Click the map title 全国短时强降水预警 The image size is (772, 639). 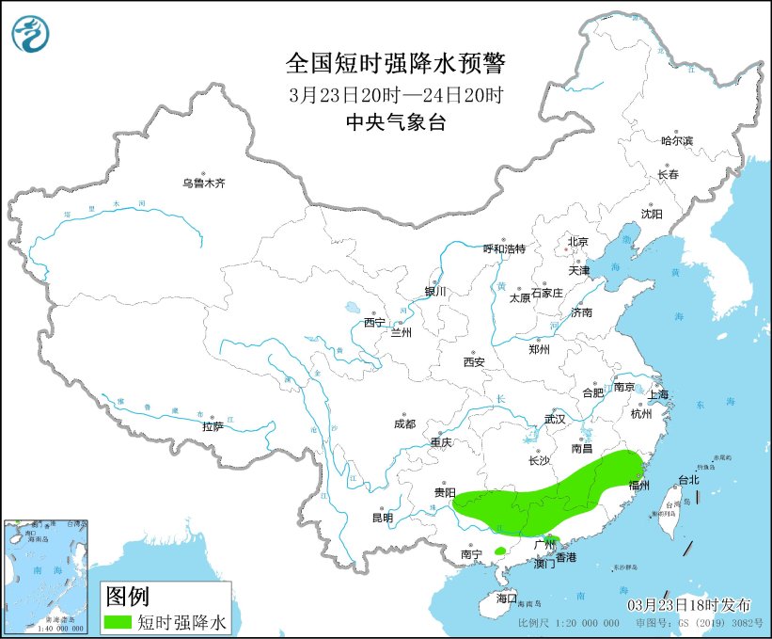(x=395, y=64)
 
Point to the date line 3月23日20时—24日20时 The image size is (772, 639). (x=396, y=95)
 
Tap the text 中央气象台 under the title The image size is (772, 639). (x=395, y=122)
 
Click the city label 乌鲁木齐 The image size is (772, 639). (x=204, y=184)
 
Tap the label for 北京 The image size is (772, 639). (x=577, y=242)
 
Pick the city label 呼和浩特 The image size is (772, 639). (x=504, y=248)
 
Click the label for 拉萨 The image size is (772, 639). (x=213, y=425)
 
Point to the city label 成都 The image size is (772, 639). (x=405, y=423)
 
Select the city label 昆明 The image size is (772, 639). (x=382, y=517)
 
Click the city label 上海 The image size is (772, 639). (x=657, y=393)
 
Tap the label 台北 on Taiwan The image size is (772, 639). (x=688, y=480)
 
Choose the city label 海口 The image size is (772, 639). (x=507, y=599)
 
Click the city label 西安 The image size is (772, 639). (x=474, y=361)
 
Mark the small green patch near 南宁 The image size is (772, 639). (x=500, y=551)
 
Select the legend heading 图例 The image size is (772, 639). (x=127, y=596)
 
